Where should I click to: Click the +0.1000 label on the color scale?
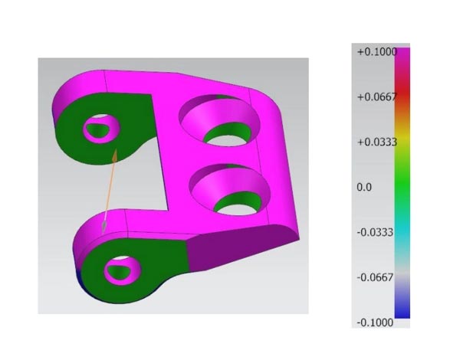(x=372, y=52)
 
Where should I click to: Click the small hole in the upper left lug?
(x=100, y=128)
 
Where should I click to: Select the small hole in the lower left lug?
(x=123, y=269)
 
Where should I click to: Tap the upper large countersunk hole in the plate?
(x=218, y=123)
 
